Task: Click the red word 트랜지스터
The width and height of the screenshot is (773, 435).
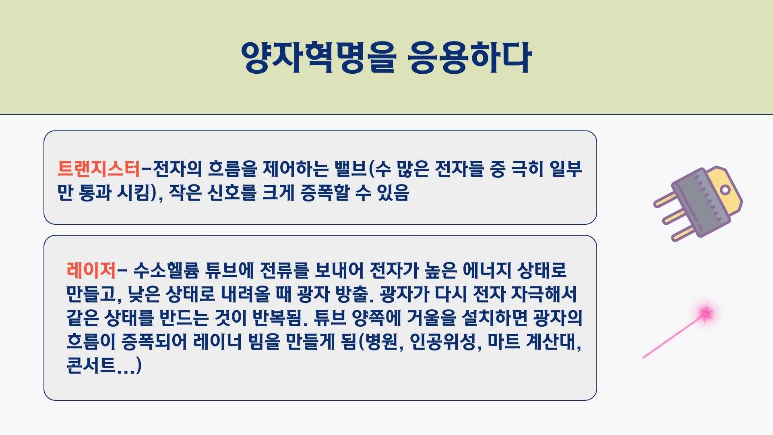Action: click(x=99, y=169)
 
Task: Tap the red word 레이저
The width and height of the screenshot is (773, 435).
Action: click(x=91, y=270)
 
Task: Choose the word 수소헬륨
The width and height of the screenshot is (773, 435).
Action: click(x=166, y=270)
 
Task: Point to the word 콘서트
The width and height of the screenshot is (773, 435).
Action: click(x=91, y=366)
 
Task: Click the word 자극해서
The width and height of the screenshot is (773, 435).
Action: click(x=544, y=294)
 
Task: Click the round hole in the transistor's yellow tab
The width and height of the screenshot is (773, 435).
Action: click(x=725, y=189)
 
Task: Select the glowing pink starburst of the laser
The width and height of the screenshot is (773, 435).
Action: click(x=705, y=312)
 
